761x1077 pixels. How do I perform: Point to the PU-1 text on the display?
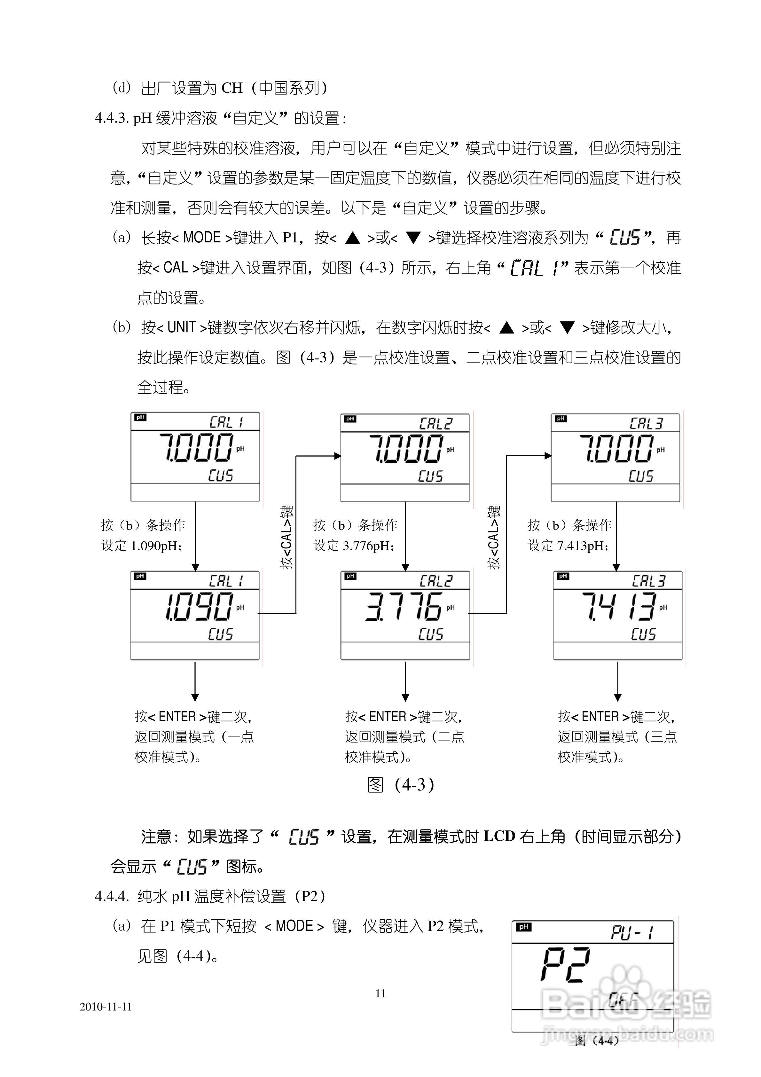coord(632,932)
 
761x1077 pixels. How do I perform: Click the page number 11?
coord(380,993)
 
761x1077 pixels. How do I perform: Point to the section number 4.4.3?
coord(112,118)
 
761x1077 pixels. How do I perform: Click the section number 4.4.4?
coord(112,896)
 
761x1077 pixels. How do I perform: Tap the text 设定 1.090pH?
coord(142,546)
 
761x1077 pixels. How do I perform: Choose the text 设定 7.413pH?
coord(569,546)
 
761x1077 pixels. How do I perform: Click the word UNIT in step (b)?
coord(181,327)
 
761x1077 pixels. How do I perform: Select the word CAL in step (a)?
coord(176,268)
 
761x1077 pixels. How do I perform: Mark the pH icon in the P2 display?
coord(524,927)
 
